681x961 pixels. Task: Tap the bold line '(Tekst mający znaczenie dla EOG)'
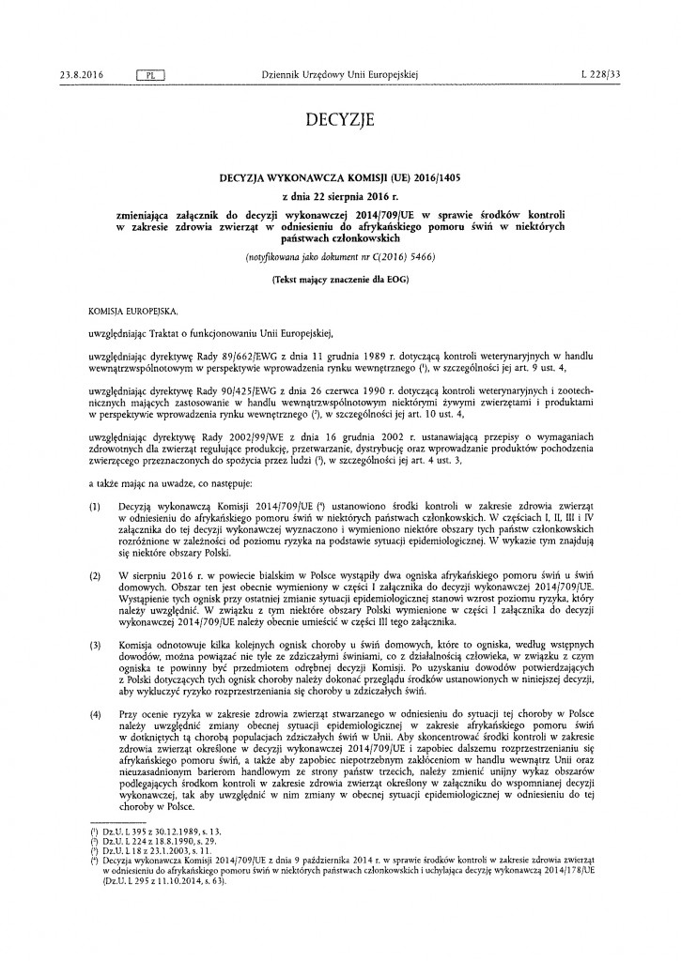(x=340, y=279)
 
